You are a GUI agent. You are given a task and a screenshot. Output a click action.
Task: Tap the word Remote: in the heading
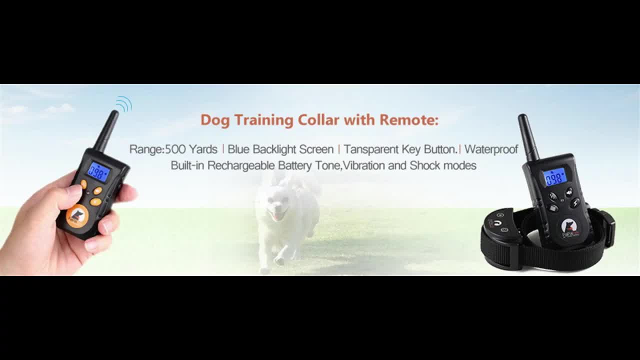409,120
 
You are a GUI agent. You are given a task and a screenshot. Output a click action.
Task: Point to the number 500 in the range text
175,149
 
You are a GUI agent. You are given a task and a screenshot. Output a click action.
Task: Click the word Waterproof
491,149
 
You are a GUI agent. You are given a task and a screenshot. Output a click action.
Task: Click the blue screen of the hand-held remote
98,172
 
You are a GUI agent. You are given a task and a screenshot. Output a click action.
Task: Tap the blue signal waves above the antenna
123,104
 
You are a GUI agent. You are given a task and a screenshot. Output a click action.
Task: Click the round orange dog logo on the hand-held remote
77,216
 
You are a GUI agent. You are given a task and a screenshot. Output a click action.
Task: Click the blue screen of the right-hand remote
555,176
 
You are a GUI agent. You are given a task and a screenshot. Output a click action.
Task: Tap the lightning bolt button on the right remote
575,203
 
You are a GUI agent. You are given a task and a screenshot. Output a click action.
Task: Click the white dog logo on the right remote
569,225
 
